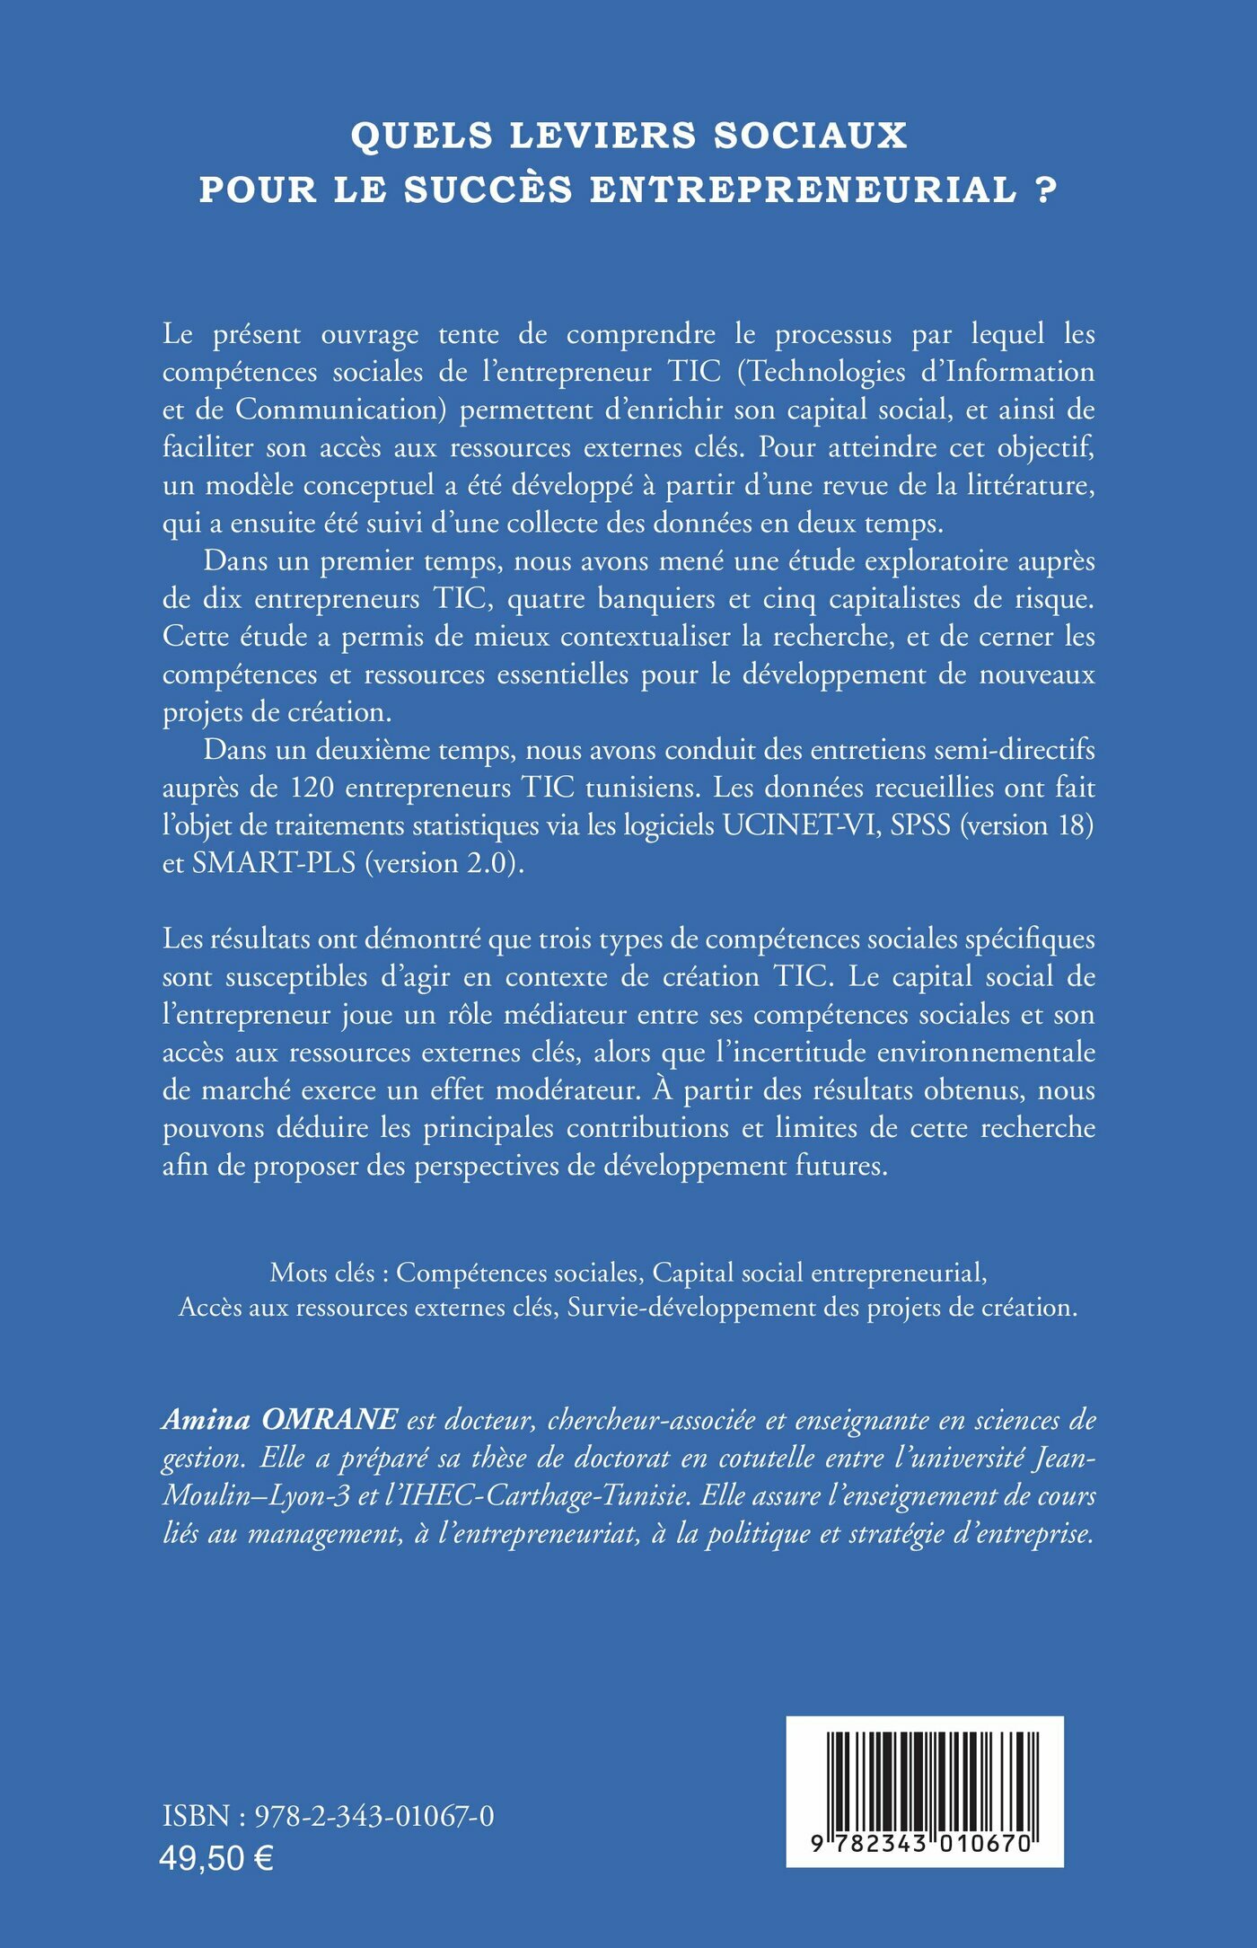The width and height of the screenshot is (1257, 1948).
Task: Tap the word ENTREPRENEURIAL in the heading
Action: pos(803,190)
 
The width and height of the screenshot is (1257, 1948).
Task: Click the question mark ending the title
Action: pos(1046,190)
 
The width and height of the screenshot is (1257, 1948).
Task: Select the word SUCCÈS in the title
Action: pos(488,190)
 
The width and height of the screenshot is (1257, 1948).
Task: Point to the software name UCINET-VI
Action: pos(799,824)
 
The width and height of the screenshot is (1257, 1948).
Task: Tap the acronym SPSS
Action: pos(920,824)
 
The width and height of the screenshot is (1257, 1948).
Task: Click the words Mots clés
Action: pos(322,1273)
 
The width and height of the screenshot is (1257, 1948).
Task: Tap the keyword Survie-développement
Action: pos(691,1307)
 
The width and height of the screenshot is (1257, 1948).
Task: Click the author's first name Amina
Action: pos(206,1419)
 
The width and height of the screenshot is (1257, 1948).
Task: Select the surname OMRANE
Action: pos(329,1419)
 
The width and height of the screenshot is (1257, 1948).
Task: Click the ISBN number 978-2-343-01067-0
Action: pos(374,1816)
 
